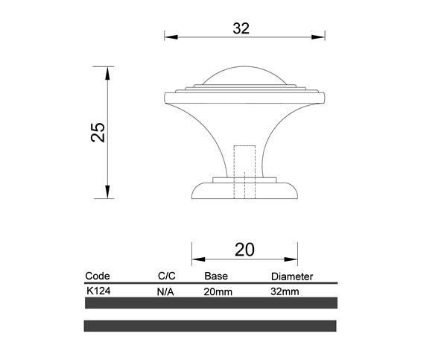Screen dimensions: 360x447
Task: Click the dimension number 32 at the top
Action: tap(240, 28)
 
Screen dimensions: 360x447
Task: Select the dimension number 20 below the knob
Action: tap(244, 250)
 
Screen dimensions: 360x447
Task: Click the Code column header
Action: tap(98, 276)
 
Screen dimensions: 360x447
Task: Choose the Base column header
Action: tap(215, 276)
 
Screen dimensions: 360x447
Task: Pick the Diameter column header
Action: tap(291, 276)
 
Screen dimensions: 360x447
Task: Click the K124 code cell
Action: tap(99, 291)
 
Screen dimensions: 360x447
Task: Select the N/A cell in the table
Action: tap(165, 292)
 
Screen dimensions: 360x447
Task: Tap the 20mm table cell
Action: tap(218, 292)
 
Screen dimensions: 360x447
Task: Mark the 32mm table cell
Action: tap(285, 292)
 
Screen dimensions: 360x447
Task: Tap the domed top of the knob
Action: tap(244, 77)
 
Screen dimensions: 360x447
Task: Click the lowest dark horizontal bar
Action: tap(210, 326)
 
